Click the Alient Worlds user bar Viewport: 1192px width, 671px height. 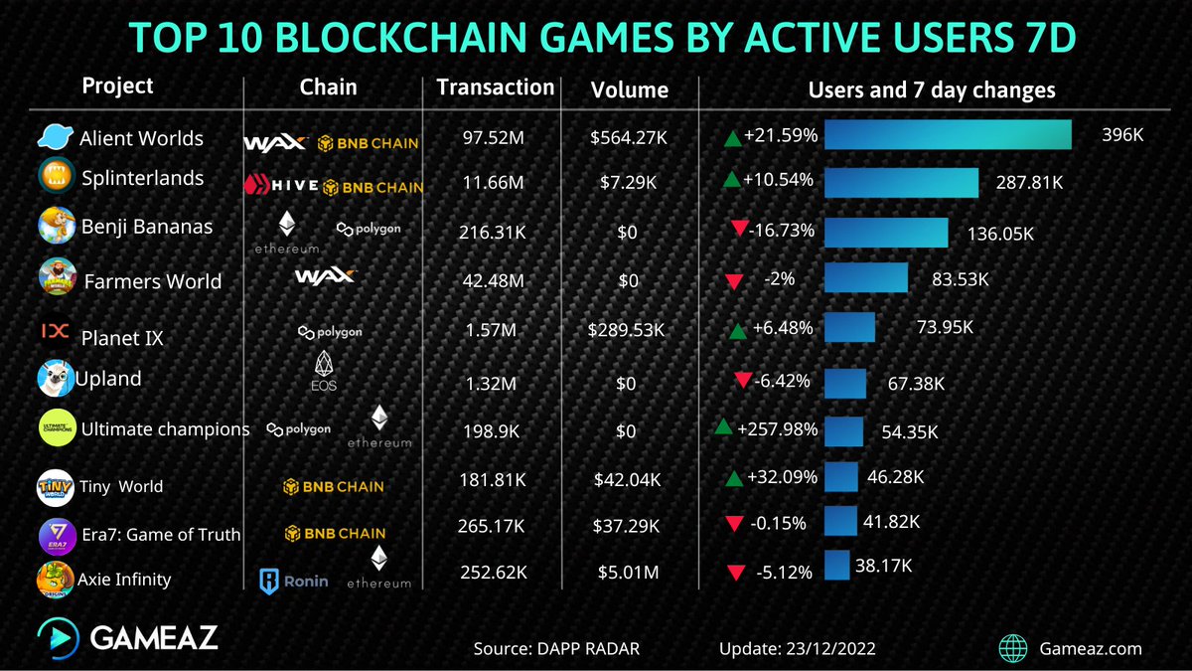pos(947,135)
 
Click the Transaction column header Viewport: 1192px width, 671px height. pos(495,87)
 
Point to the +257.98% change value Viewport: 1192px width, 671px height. pos(778,429)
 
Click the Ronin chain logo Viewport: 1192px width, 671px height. pos(293,581)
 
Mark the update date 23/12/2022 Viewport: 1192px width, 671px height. pos(797,649)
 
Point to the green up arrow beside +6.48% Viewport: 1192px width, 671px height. pos(737,331)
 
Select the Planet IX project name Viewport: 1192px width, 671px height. pos(121,338)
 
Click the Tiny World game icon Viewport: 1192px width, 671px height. pos(54,486)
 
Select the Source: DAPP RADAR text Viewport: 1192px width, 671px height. pos(555,649)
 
